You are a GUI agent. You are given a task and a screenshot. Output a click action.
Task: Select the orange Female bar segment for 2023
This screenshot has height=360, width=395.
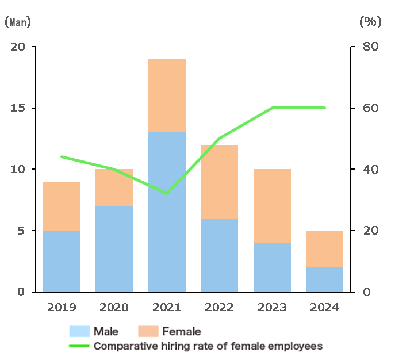click(x=272, y=206)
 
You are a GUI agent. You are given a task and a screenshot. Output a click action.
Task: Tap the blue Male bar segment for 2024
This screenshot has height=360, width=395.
click(x=325, y=279)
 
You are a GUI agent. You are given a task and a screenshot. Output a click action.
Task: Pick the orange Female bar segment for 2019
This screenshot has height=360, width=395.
click(x=62, y=206)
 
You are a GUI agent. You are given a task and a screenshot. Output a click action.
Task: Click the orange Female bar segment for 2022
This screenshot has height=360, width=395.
click(x=219, y=181)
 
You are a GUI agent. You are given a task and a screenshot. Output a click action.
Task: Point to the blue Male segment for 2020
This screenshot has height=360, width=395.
click(x=114, y=248)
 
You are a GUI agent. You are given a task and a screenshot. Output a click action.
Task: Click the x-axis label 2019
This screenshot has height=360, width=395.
click(x=62, y=307)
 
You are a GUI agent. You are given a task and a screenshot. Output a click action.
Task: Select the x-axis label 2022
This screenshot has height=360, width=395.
click(x=219, y=307)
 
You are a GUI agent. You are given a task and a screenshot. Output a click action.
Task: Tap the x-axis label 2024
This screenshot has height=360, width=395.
click(x=325, y=307)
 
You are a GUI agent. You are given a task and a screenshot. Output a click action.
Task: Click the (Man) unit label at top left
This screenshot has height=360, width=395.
click(x=18, y=22)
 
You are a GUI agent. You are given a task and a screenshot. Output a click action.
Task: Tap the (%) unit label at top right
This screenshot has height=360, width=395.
click(x=370, y=22)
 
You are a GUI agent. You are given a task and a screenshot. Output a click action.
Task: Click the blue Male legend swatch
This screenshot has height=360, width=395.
click(x=79, y=331)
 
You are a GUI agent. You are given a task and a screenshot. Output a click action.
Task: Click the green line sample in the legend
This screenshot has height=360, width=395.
click(x=79, y=346)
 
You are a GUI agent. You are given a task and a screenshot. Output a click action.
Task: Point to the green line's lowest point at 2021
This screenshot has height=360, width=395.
click(x=167, y=194)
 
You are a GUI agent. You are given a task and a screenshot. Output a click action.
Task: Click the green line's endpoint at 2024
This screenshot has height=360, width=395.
click(x=325, y=108)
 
